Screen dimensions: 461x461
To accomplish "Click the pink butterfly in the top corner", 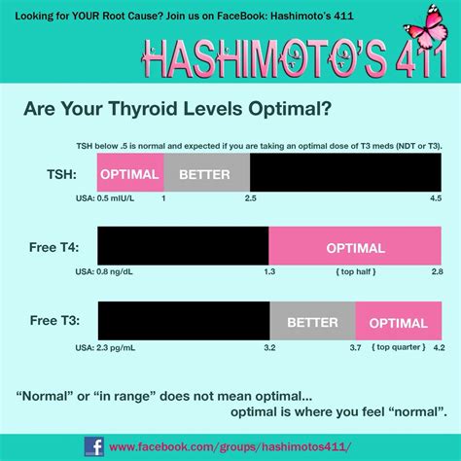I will coord(432,20).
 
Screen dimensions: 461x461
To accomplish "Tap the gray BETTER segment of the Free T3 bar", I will coord(312,322).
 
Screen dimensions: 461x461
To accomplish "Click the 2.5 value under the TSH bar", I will coord(250,198).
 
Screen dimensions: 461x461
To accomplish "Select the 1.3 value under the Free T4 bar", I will coord(269,273).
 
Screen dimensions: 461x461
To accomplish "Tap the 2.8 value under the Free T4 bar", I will coord(438,273).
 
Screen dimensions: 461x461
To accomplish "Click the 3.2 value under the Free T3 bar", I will coord(269,347).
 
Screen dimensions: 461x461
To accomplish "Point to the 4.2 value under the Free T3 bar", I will coord(439,347).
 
